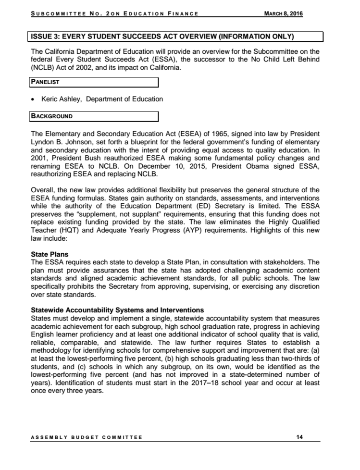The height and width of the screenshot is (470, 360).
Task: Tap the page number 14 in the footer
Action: tap(300, 437)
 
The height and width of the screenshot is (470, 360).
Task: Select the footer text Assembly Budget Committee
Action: tap(87, 437)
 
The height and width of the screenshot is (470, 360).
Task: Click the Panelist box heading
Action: tap(45, 82)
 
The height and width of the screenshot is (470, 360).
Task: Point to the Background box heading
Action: tap(52, 116)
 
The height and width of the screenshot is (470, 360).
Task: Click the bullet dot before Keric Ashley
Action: tap(32, 99)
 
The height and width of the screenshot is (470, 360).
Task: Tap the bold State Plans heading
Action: tap(50, 254)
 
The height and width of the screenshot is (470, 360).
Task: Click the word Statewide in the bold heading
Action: tap(49, 310)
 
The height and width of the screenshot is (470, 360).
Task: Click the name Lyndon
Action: tap(43, 141)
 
